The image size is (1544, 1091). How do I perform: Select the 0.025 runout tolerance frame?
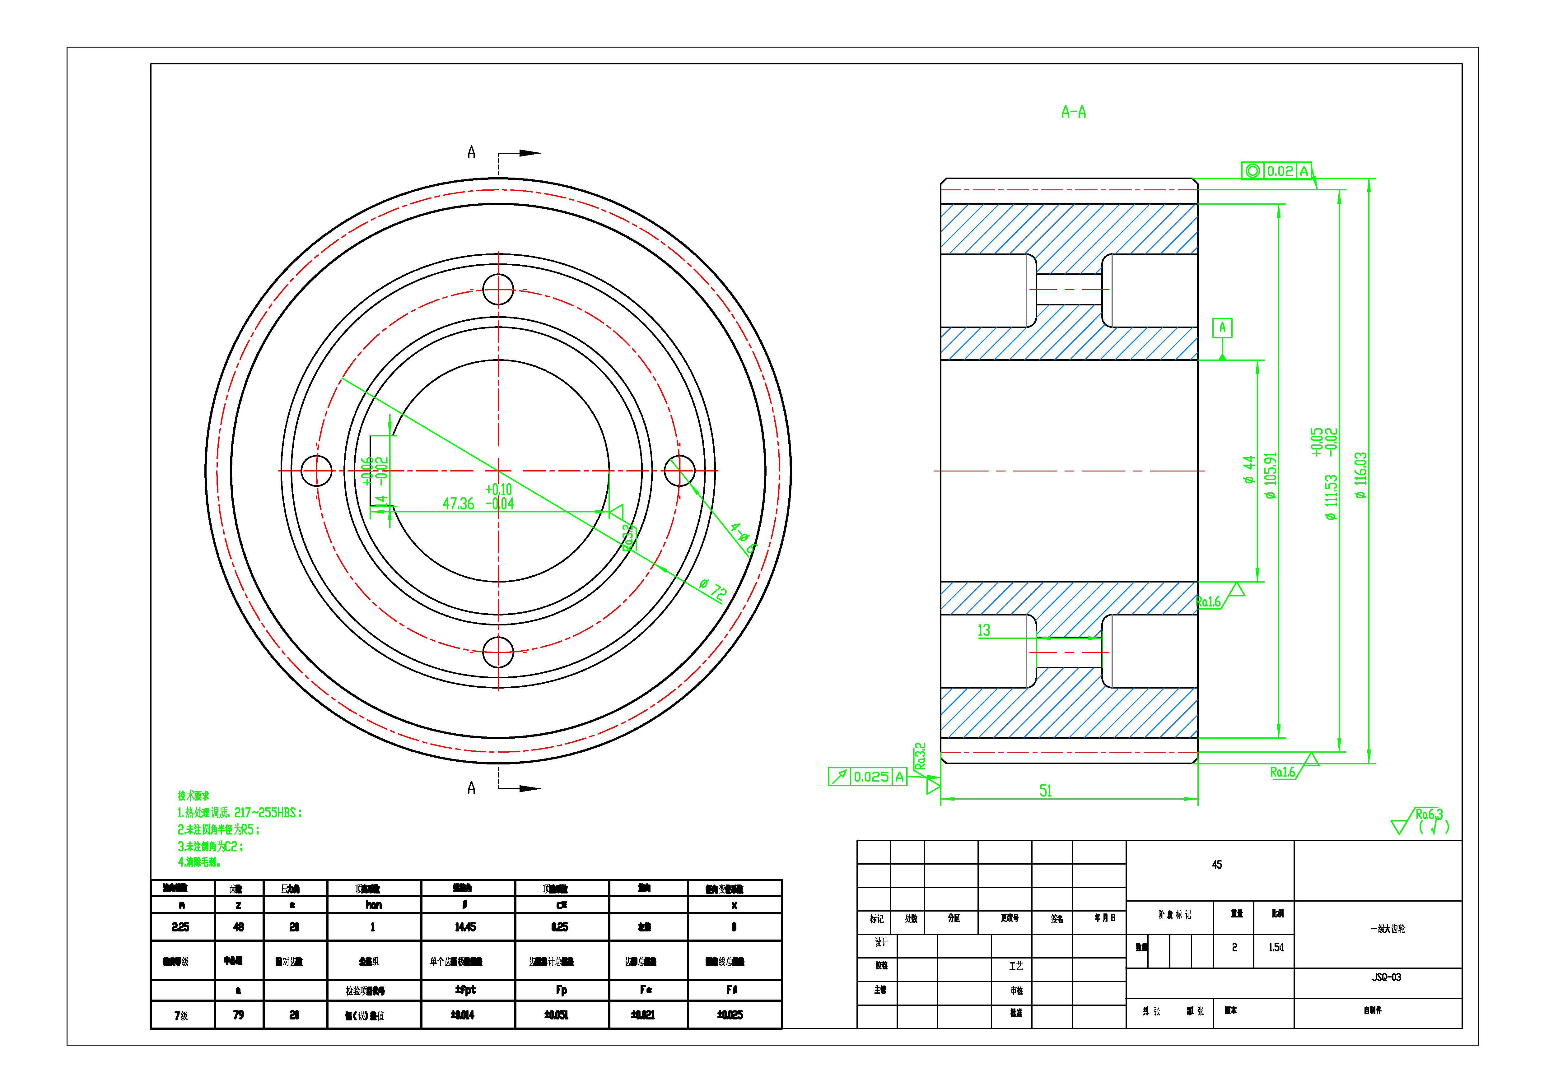coord(867,777)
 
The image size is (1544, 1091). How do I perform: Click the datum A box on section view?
coord(1222,327)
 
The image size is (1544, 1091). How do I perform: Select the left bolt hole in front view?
coord(316,471)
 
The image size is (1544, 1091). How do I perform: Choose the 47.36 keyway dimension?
coord(459,504)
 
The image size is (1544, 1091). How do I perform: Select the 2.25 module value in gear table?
coord(180,927)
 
